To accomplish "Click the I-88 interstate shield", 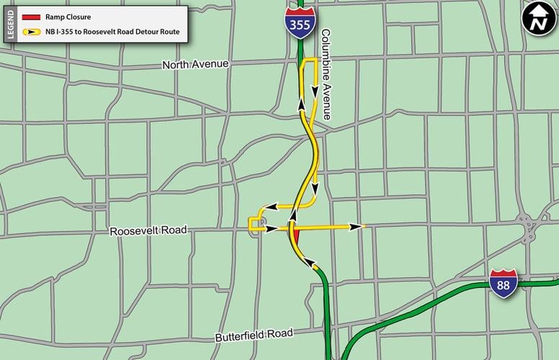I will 503,284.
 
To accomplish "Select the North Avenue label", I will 195,64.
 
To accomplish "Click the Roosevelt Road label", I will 148,231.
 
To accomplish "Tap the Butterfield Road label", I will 254,335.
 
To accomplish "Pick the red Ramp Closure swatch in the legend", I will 30,16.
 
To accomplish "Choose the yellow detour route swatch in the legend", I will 30,32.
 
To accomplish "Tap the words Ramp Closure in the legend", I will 73,16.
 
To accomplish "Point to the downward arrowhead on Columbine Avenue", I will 315,90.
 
